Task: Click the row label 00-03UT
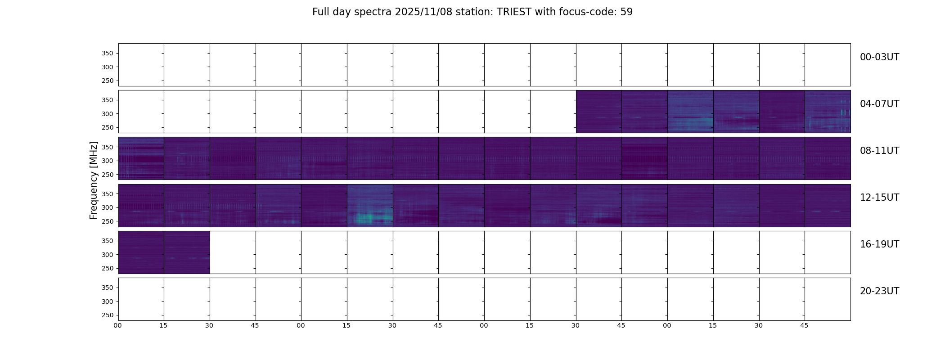(x=879, y=57)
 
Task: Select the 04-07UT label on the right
(x=879, y=104)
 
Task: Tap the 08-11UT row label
(x=879, y=151)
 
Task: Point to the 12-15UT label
(x=879, y=198)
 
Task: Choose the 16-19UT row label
(x=879, y=244)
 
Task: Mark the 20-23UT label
(x=879, y=291)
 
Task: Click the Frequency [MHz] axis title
(x=94, y=180)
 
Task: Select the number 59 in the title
(x=626, y=12)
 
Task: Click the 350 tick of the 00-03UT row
(x=108, y=54)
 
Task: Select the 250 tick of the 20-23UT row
(x=108, y=315)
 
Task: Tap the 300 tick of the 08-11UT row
(x=108, y=161)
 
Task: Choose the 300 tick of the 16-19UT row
(x=108, y=255)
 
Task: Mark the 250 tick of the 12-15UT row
(x=108, y=222)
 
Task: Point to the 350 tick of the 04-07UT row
(x=108, y=100)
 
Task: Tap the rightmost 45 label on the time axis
(x=804, y=325)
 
